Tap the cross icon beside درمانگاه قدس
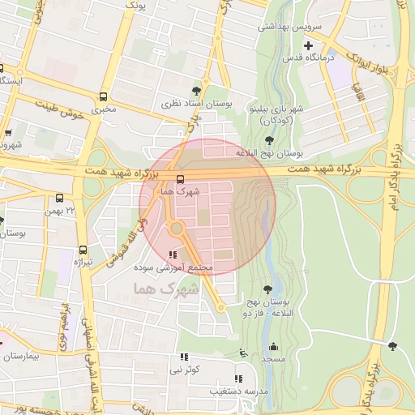308,45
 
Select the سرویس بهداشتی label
289,27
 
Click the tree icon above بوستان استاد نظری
195,90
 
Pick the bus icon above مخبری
103,95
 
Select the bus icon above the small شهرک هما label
179,179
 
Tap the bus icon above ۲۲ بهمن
59,198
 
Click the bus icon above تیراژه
83,250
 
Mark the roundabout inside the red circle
177,229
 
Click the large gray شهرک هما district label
162,289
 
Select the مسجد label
272,357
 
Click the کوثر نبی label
182,370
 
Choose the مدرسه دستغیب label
241,391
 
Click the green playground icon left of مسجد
243,353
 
